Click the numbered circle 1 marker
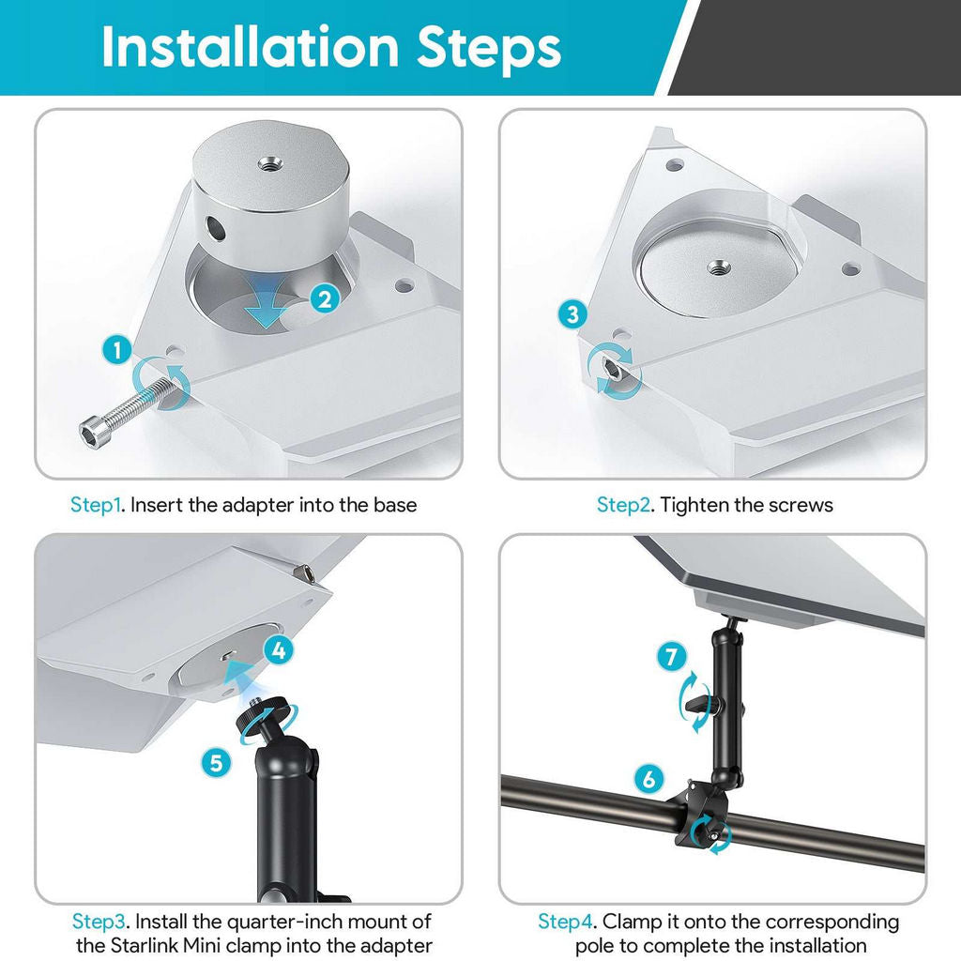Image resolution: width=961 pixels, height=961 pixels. click(x=115, y=352)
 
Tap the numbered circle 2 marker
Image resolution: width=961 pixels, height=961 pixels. click(x=324, y=299)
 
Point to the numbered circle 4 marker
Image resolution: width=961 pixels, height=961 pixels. click(x=278, y=648)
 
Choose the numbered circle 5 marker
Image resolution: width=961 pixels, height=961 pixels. click(x=217, y=762)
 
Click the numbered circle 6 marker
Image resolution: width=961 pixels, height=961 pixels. click(x=648, y=778)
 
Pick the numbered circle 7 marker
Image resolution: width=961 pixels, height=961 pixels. click(x=671, y=657)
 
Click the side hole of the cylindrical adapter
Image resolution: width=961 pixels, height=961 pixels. click(x=215, y=228)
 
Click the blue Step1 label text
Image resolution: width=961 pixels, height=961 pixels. click(x=97, y=505)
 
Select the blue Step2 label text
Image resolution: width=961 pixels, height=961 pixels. click(x=623, y=505)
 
